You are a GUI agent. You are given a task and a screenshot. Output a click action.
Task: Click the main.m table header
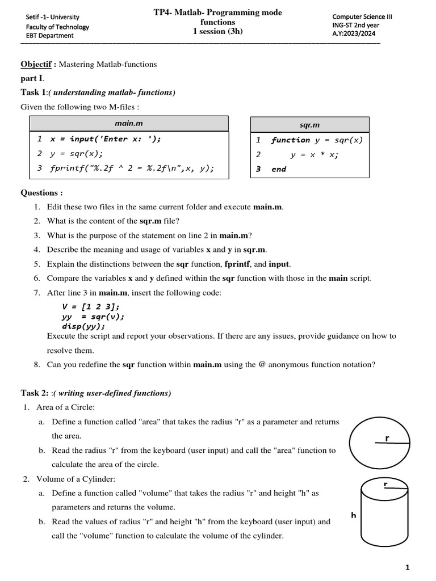coord(129,123)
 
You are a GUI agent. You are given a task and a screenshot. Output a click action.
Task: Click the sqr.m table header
coord(310,124)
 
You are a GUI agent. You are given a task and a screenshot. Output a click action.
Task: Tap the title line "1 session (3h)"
coord(217,31)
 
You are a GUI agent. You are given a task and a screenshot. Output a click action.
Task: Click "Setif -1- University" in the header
coord(53,17)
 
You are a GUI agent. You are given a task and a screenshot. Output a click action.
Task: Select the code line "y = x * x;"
coord(314,154)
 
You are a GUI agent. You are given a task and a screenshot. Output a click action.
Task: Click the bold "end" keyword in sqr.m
coord(279,169)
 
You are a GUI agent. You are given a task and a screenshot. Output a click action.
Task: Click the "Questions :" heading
coord(41,193)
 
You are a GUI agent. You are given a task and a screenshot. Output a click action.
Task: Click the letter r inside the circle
coord(387,439)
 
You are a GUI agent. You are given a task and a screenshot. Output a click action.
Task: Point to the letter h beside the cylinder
coord(353,515)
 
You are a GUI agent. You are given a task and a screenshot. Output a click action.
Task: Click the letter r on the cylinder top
coord(385,483)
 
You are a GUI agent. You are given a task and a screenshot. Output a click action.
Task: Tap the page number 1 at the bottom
coord(408,567)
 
